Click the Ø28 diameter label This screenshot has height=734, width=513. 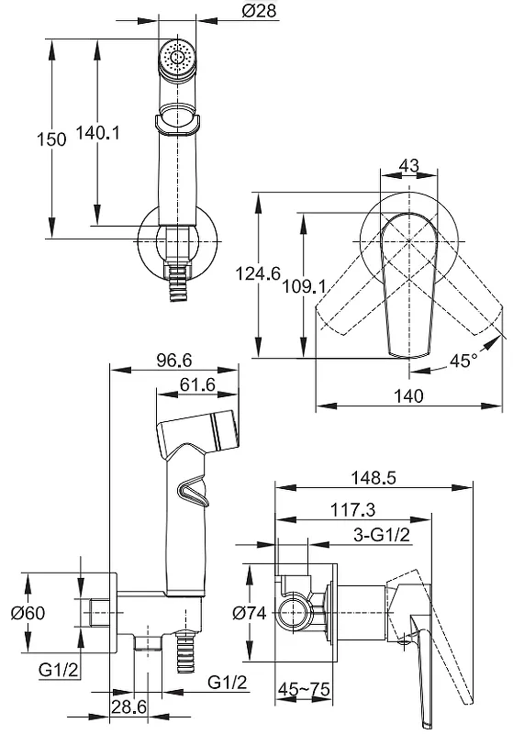pyautogui.click(x=260, y=10)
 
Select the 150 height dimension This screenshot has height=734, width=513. pyautogui.click(x=51, y=139)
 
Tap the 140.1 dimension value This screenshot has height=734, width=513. pyautogui.click(x=98, y=133)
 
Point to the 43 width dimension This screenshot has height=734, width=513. pyautogui.click(x=408, y=165)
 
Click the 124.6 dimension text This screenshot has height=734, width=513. pyautogui.click(x=258, y=273)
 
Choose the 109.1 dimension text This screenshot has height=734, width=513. pyautogui.click(x=304, y=286)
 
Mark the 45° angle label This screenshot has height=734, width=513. pyautogui.click(x=463, y=361)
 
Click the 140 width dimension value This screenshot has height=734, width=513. pyautogui.click(x=408, y=396)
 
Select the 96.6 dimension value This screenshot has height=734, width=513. pyautogui.click(x=173, y=360)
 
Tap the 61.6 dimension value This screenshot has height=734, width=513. pyautogui.click(x=197, y=384)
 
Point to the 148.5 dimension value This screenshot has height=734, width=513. pyautogui.click(x=374, y=477)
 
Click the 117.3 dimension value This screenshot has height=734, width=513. pyautogui.click(x=353, y=509)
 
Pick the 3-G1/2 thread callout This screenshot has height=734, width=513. pyautogui.click(x=382, y=535)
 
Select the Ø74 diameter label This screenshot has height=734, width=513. pyautogui.click(x=250, y=612)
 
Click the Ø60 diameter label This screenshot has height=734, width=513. pyautogui.click(x=28, y=612)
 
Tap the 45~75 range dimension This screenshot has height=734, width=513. pyautogui.click(x=304, y=689)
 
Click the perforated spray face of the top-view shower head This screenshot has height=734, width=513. pyautogui.click(x=177, y=57)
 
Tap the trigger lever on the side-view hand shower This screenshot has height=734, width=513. pyautogui.click(x=192, y=494)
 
